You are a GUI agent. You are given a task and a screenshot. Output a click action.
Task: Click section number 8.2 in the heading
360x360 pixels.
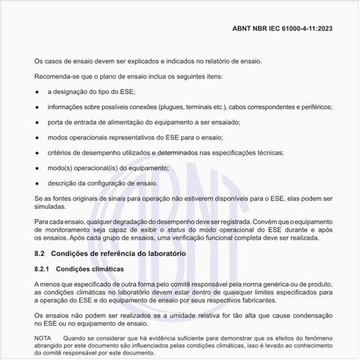click(x=39, y=253)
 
